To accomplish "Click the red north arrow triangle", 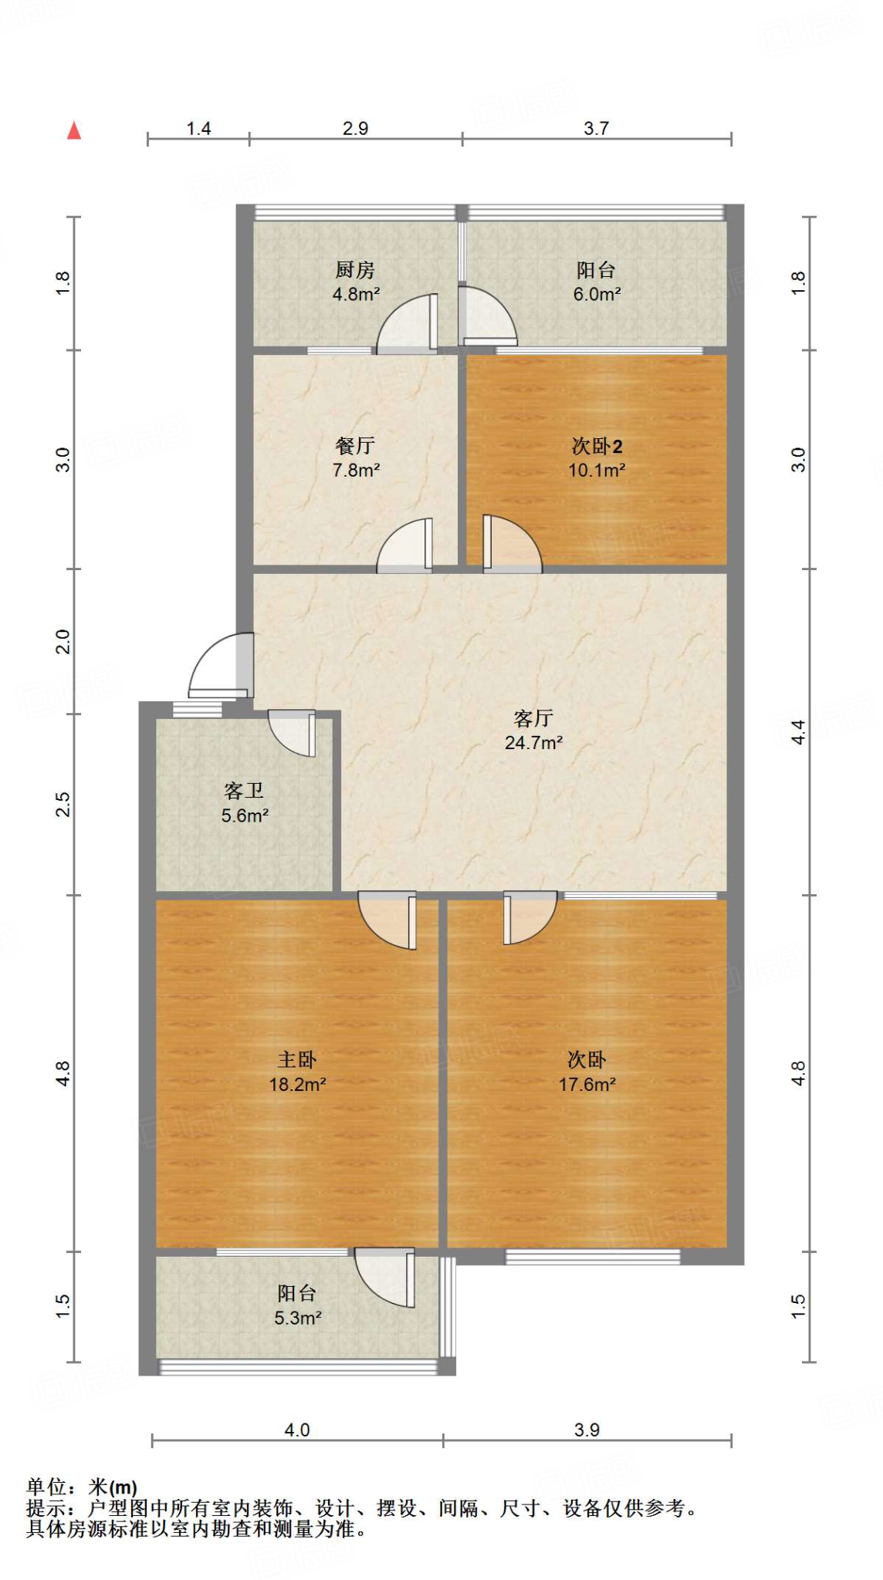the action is [74, 130].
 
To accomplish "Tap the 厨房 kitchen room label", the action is [355, 270].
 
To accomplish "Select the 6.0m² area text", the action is [597, 294].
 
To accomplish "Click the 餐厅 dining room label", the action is [355, 446].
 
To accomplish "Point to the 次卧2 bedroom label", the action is [597, 446].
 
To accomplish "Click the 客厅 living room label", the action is [533, 719].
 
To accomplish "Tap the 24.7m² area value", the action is [533, 743].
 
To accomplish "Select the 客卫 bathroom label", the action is [244, 791].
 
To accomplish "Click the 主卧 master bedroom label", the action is [297, 1060].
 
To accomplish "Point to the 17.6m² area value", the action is [587, 1085].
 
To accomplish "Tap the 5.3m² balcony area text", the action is [297, 1318].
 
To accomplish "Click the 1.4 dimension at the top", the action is [198, 129].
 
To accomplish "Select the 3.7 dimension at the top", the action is [596, 129].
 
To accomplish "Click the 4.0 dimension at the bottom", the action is [297, 1430].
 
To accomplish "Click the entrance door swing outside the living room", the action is [222, 665].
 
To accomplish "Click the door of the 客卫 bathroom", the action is [292, 733].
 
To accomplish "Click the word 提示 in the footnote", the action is [46, 1507].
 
